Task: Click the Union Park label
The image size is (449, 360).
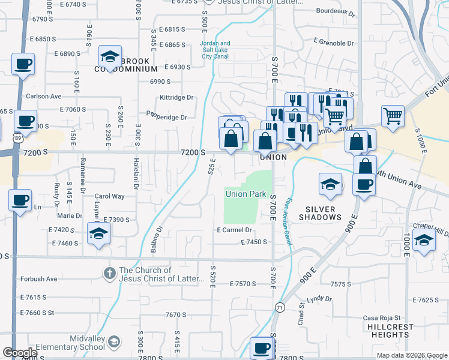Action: click(x=245, y=194)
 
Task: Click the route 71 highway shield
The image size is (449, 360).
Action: click(x=280, y=307)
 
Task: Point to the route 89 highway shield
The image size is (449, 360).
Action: click(x=3, y=137)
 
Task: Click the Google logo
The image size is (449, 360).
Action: click(x=20, y=353)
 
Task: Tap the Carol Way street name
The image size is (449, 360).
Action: click(x=110, y=196)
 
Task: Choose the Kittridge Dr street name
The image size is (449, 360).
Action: click(x=176, y=97)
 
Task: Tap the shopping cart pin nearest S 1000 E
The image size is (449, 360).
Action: click(x=393, y=115)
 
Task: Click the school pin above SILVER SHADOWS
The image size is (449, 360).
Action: click(x=330, y=185)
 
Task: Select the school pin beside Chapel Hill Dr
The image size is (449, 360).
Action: click(x=424, y=242)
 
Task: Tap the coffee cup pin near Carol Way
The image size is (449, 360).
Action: click(x=20, y=199)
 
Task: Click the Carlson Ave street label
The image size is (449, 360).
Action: click(x=43, y=96)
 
